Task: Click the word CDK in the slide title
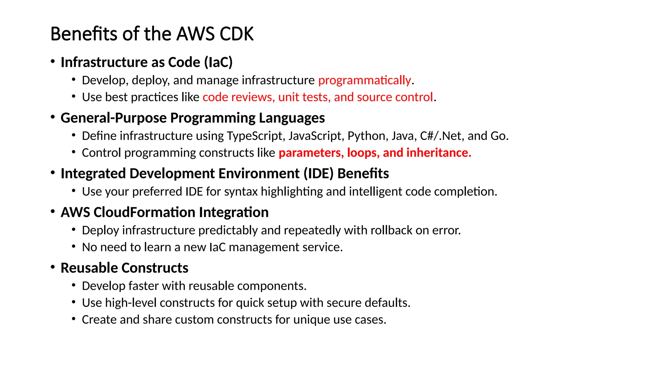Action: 236,34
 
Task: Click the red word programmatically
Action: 364,80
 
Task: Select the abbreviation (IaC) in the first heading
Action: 218,62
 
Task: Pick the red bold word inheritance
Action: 439,153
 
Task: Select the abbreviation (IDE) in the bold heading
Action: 319,174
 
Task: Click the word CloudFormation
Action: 144,212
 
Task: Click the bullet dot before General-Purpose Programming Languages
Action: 53,117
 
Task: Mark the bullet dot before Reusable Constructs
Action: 53,267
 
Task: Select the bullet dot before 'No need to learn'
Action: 74,247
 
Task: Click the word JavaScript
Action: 315,136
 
